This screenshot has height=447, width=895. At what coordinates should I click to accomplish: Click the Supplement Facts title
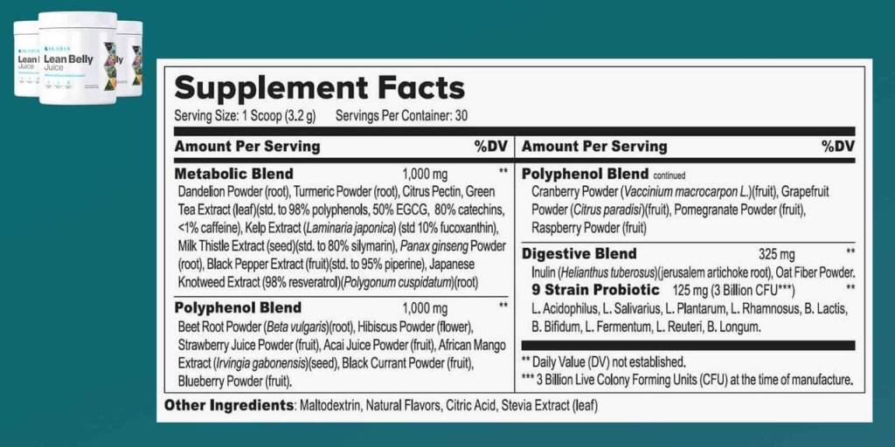coord(319,88)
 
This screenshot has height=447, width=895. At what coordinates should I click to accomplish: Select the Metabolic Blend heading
coord(233,173)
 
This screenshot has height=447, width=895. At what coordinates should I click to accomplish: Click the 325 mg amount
coord(777,255)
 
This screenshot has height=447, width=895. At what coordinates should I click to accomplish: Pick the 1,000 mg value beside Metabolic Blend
coord(425,173)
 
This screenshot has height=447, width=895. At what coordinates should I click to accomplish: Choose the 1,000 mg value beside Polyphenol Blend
coord(425,308)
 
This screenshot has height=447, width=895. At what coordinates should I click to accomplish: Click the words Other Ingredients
coord(228,406)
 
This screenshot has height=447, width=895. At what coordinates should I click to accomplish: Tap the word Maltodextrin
coord(329,406)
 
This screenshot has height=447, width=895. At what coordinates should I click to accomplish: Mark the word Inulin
coord(545,272)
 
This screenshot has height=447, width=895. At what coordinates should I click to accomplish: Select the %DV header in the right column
coord(837,146)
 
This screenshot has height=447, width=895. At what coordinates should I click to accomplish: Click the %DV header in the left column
coord(490,146)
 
